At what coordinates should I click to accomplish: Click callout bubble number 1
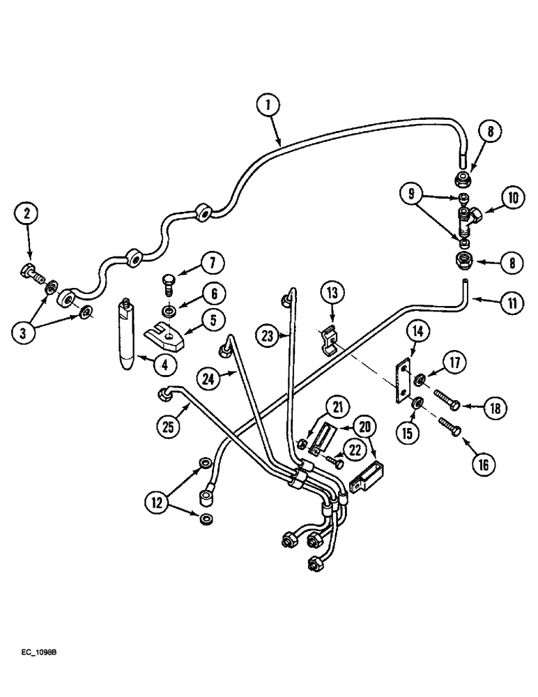[x=268, y=107]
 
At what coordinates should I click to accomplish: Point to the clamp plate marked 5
[x=165, y=339]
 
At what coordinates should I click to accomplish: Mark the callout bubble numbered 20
[x=365, y=427]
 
